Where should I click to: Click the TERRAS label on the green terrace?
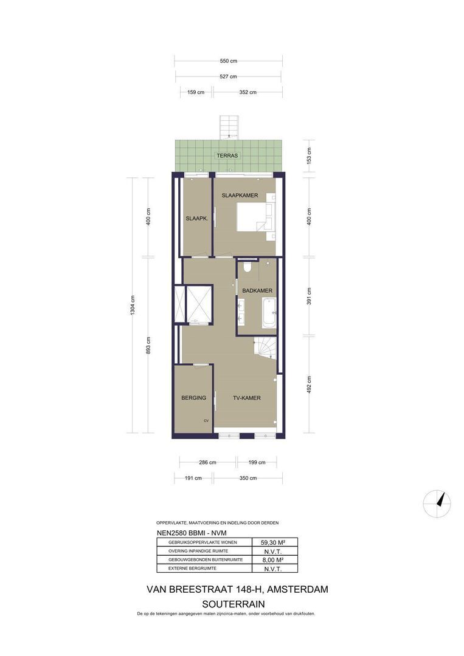pos(227,155)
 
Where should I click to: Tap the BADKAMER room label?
pos(257,290)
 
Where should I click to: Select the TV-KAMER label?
pos(247,398)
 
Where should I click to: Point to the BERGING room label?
pos(193,398)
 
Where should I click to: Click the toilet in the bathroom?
pos(246,267)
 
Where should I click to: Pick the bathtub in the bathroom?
pos(269,313)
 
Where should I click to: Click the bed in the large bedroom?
pos(252,217)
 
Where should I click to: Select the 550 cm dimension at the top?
pos(228,61)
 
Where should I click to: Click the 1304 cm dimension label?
pos(133,305)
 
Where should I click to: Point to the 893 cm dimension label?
pos(148,346)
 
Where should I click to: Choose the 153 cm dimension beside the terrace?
pos(309,155)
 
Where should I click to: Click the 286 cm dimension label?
pos(207,462)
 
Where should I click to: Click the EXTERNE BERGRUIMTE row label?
pos(192,569)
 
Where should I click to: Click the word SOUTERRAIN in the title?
pos(234,604)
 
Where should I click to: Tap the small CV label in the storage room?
pos(206,421)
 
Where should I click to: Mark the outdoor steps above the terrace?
pos(229,127)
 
